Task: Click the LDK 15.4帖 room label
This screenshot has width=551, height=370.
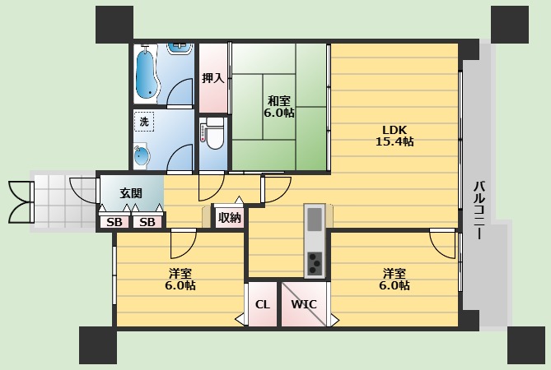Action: pos(395,136)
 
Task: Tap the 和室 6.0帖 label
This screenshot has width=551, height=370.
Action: pos(279,107)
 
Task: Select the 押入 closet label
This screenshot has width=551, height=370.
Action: pos(213,78)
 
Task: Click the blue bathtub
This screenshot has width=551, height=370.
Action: pos(147,74)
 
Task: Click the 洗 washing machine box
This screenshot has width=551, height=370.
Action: pos(144,122)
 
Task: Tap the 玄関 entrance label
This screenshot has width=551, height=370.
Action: pos(131,193)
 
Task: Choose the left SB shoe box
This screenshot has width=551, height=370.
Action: pos(114,222)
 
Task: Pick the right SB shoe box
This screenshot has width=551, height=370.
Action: pos(147,222)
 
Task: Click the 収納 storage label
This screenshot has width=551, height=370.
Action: pos(230,218)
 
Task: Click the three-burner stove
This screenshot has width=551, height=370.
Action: pos(315,263)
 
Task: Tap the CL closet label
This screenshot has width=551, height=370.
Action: pos(263,304)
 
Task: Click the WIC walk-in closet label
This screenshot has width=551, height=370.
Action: pos(304,304)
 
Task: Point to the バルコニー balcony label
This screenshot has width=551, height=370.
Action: pos(479,210)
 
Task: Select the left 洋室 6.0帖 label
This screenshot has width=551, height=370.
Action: pos(180,280)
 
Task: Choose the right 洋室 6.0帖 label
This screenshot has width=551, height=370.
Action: pos(395,280)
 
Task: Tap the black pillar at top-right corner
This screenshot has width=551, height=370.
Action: pos(510,25)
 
